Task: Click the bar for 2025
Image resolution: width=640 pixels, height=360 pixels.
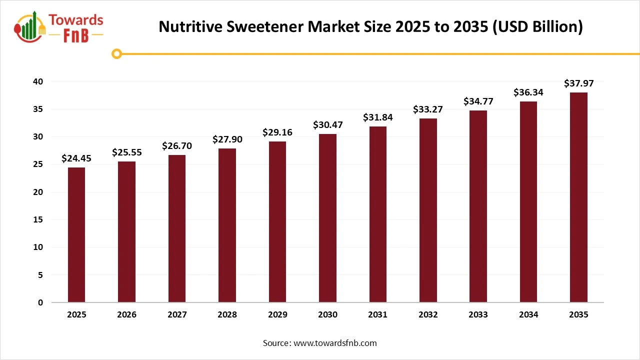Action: (x=76, y=235)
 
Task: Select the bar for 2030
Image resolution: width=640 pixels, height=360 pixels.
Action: (x=327, y=218)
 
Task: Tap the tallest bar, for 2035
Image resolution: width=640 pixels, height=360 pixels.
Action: (x=578, y=197)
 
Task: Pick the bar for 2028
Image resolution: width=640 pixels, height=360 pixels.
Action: (x=227, y=225)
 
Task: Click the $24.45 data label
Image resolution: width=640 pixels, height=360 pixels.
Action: (x=76, y=158)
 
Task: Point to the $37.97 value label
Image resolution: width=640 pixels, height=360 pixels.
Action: (x=578, y=83)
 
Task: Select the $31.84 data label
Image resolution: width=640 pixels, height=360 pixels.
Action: (x=378, y=117)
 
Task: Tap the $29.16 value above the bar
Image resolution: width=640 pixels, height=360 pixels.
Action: (x=277, y=132)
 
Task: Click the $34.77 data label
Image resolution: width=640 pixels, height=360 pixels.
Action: (x=478, y=101)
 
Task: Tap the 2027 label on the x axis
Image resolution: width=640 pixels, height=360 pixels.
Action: (x=177, y=315)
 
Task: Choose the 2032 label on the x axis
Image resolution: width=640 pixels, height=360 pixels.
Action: (x=428, y=315)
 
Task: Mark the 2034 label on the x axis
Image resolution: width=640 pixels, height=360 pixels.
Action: (x=528, y=315)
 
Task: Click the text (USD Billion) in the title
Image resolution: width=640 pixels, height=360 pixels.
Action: (x=537, y=27)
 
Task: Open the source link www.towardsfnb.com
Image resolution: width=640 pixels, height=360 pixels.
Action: (x=335, y=343)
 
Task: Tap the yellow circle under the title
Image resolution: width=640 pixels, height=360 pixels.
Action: (x=116, y=53)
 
